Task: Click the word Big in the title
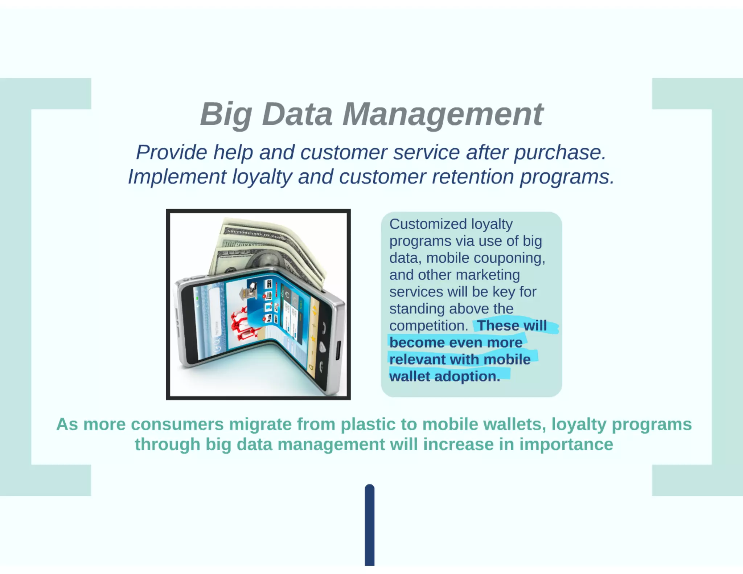(226, 115)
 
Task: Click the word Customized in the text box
(428, 224)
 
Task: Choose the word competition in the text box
(428, 326)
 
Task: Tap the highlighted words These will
(512, 325)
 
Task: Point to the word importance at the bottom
(566, 444)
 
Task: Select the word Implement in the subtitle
(177, 177)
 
